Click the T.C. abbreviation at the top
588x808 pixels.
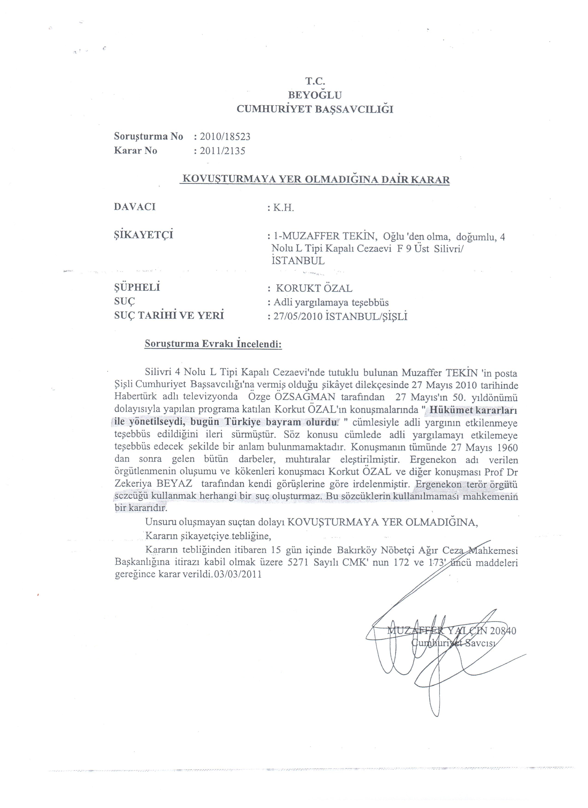315,81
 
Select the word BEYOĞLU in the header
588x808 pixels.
315,95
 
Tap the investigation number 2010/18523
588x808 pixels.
225,137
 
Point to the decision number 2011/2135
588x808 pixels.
223,151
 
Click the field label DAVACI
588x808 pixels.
135,207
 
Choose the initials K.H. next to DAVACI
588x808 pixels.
283,208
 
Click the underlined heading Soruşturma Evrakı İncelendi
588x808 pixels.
213,345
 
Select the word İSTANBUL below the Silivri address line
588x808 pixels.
298,261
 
